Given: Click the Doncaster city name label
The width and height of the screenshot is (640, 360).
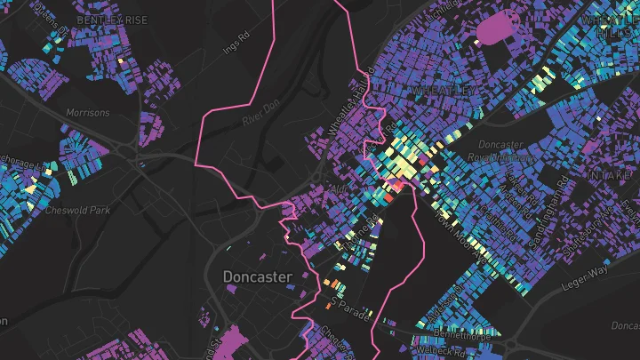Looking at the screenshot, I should point(257,276).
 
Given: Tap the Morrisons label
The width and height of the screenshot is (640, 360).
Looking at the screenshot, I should point(88,113).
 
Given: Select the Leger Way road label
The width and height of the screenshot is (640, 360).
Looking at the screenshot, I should point(585,267).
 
